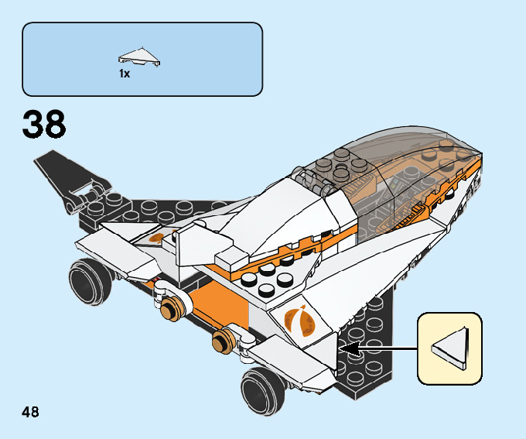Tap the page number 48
31,411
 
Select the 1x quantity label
125,74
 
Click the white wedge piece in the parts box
138,55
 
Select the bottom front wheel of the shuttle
259,386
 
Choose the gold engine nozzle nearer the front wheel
224,338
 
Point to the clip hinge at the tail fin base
86,196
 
